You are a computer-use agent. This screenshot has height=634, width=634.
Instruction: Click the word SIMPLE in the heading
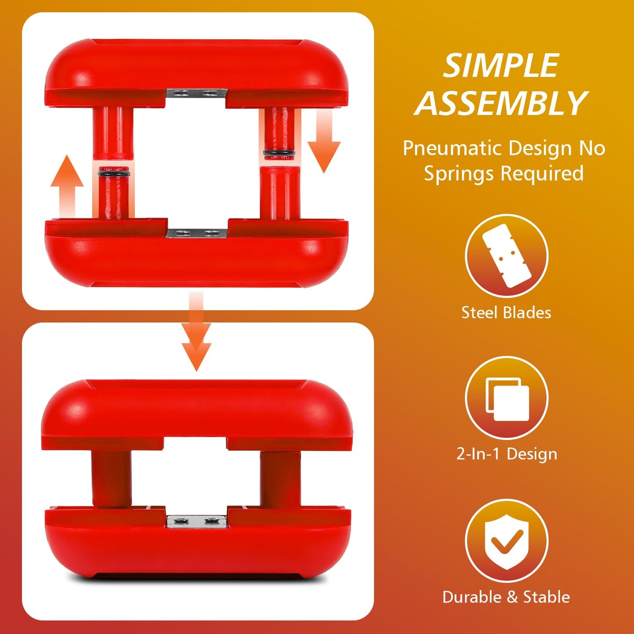[501, 65]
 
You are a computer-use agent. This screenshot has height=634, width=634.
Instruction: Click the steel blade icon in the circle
[507, 256]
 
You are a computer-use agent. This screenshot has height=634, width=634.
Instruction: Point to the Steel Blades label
[506, 312]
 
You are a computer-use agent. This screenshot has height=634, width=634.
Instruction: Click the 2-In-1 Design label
[507, 455]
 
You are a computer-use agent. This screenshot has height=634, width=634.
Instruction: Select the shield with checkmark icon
[507, 542]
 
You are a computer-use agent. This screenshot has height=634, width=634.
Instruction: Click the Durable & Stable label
[506, 597]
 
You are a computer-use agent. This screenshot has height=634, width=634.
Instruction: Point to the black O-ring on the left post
[114, 172]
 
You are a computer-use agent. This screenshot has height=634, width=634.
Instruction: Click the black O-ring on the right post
[279, 153]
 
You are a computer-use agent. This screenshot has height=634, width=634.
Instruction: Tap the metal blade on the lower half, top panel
[197, 233]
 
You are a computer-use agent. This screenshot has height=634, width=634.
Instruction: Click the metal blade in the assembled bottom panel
[197, 522]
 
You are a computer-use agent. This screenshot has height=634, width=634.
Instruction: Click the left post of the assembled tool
[112, 478]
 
